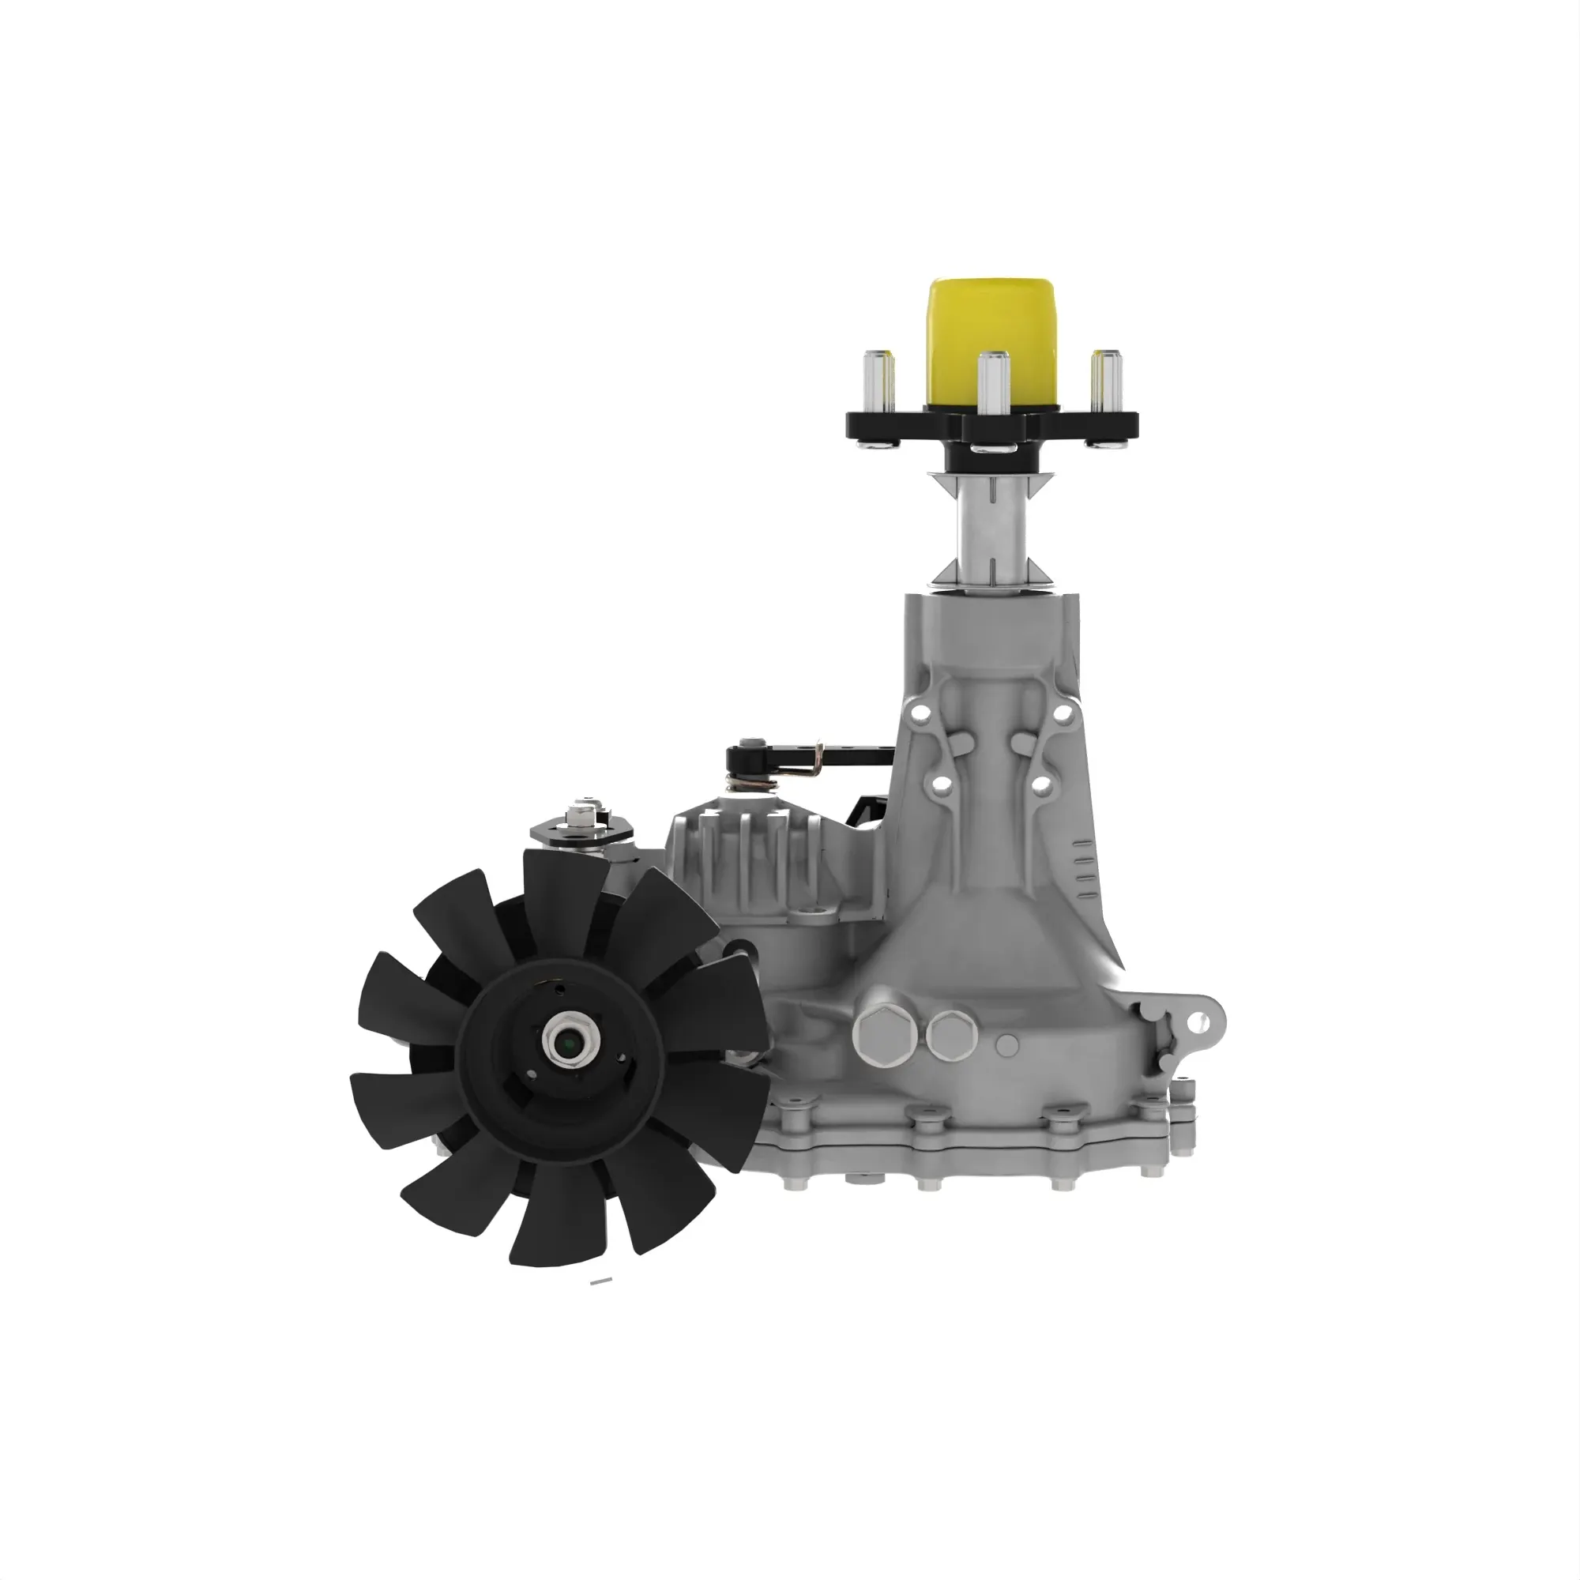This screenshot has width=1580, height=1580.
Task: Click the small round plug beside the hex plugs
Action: [1007, 1044]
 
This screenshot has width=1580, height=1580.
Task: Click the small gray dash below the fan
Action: [601, 1281]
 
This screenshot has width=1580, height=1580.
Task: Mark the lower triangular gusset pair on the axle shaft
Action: [991, 572]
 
